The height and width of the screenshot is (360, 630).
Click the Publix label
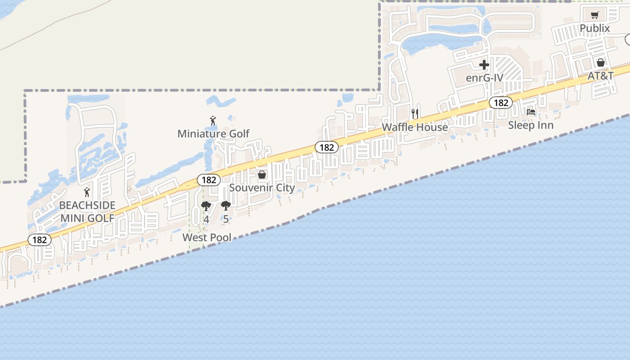point(594,28)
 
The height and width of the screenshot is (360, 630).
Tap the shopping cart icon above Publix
point(594,15)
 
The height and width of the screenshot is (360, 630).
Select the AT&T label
point(600,76)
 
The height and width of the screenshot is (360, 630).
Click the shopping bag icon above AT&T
point(600,63)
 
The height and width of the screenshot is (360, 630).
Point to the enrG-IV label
point(484,78)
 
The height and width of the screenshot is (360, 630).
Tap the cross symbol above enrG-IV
point(484,65)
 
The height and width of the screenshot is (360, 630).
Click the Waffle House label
point(415,127)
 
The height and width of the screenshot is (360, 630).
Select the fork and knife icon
point(415,113)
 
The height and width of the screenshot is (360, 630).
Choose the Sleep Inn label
point(531,125)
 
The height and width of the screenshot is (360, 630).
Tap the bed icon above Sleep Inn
point(531,112)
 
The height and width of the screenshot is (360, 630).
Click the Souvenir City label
point(262,188)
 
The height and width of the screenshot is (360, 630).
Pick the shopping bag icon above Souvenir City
point(262,175)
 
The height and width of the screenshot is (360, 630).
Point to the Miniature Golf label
point(213,134)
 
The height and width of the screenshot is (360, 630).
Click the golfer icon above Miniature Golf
point(213,121)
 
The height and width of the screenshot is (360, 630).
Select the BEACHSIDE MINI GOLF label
point(87,211)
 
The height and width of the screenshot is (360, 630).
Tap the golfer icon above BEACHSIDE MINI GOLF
point(87,192)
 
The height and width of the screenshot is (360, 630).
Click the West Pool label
point(207,237)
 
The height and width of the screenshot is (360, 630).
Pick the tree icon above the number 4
point(206,207)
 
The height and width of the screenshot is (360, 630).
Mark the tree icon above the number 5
point(225,207)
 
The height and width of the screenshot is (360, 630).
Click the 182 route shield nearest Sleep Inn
point(500,103)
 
